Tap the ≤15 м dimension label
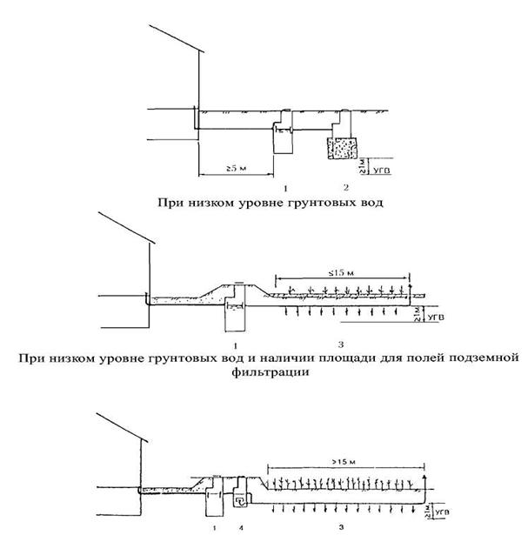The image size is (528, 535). tap(342, 273)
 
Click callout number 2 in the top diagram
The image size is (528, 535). tap(346, 188)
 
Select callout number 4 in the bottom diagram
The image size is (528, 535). tap(240, 526)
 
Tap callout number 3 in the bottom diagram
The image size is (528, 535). tap(341, 526)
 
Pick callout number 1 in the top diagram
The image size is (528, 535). tap(284, 188)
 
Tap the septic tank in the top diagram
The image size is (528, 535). tap(284, 137)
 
